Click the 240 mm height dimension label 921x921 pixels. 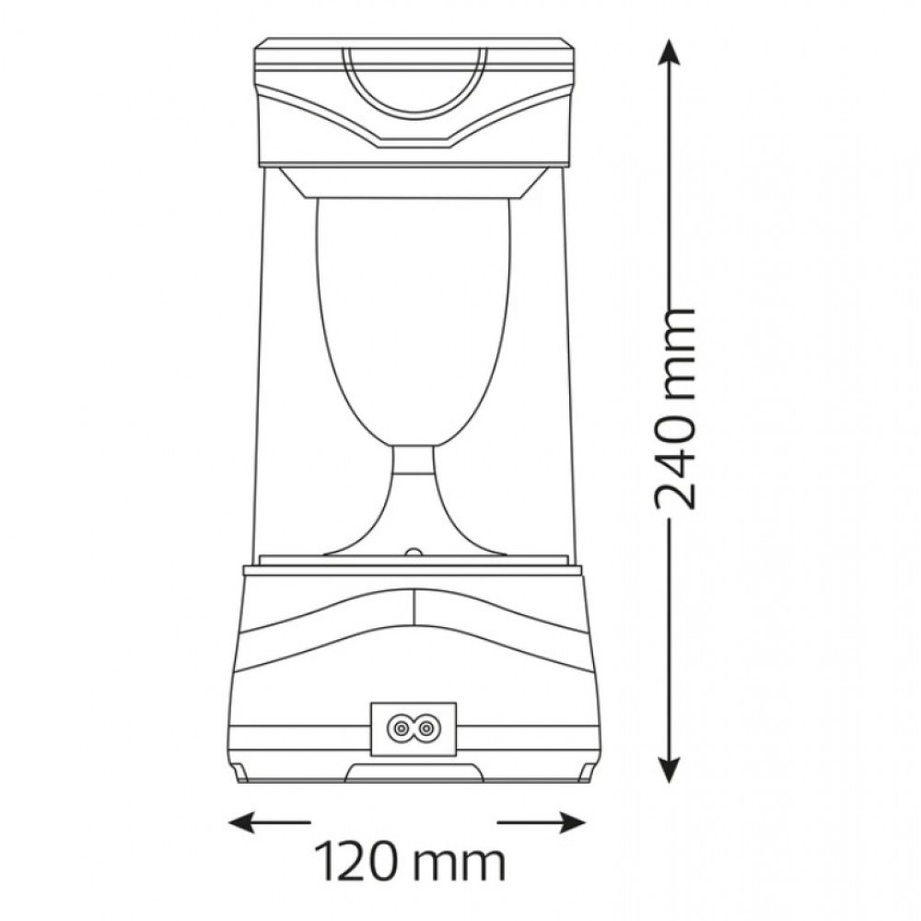(x=674, y=407)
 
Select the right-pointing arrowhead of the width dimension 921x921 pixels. (x=571, y=822)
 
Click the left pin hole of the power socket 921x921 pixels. (x=400, y=729)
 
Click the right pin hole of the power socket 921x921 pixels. (x=426, y=729)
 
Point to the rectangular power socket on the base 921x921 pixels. (x=413, y=729)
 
